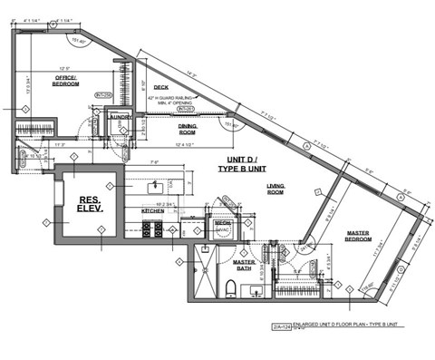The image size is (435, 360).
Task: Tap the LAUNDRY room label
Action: point(120,117)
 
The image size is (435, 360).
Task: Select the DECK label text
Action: point(162,88)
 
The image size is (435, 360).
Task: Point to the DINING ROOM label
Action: point(188,130)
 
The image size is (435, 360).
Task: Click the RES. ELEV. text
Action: point(89,203)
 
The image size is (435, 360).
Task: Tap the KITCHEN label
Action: point(152,211)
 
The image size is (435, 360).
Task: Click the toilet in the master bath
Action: point(231,289)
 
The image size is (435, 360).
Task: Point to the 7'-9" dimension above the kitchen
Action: point(154,164)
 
